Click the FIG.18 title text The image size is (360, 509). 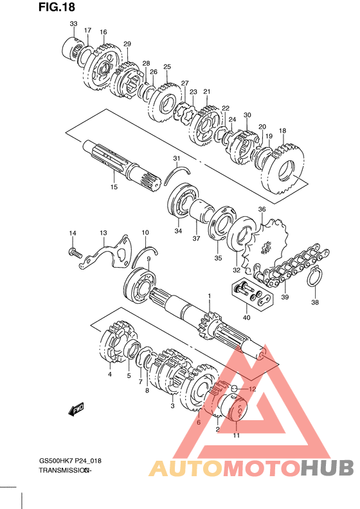coord(57,6)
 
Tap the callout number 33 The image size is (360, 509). coord(74,24)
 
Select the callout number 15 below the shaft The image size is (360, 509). coord(114,187)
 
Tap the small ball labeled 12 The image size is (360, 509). coord(235,387)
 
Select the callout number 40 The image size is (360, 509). coord(246,317)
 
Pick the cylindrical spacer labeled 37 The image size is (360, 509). coord(200,211)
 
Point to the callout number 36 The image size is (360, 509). coord(262,209)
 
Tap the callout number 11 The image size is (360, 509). coord(237,435)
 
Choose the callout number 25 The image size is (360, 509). coord(167,67)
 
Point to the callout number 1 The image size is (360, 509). coord(209,296)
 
